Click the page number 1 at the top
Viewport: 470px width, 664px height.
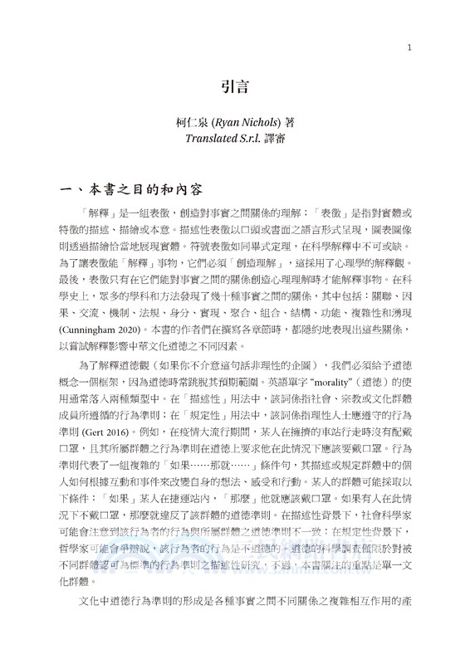tap(409, 48)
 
